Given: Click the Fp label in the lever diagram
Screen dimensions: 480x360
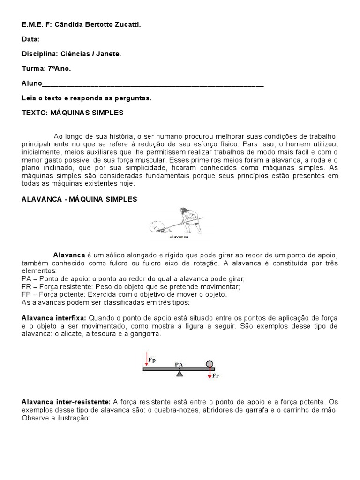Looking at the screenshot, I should (x=152, y=360).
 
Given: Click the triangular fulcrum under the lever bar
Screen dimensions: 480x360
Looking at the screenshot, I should (x=179, y=374).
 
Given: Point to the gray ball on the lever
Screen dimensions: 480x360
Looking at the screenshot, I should (x=209, y=363).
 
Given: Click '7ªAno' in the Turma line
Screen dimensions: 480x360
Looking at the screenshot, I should (x=60, y=69).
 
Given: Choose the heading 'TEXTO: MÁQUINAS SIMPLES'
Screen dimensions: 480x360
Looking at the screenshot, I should (x=73, y=112).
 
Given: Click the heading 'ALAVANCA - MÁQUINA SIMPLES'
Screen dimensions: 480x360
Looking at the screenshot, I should (x=79, y=199).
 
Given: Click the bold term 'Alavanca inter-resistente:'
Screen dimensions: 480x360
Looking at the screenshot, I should (x=66, y=402).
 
